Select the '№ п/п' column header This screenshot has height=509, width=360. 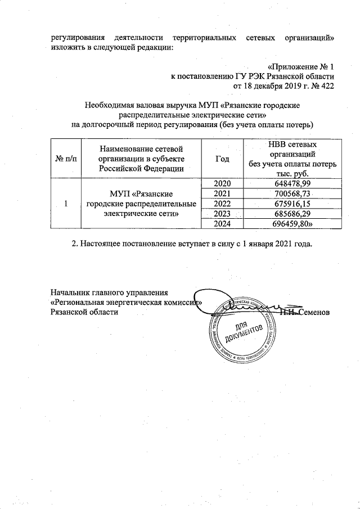pos(65,159)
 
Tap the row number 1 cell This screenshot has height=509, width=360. pos(65,204)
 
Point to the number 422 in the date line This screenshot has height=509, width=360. pos(327,86)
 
